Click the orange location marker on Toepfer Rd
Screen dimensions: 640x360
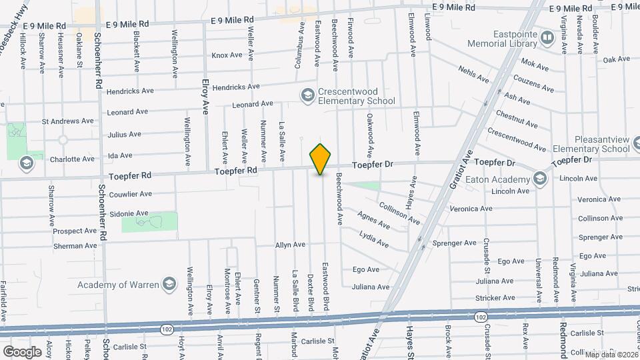coord(321,159)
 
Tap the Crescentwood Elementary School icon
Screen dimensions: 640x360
coord(307,97)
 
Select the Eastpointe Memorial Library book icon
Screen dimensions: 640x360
coord(547,37)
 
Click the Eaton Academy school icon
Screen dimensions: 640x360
coord(539,179)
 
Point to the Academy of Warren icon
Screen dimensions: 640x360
coord(169,285)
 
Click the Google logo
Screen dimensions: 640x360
coord(22,351)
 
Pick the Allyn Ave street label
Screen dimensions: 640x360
coord(290,245)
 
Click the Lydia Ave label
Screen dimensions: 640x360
coord(373,239)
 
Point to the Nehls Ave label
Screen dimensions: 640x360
coord(473,74)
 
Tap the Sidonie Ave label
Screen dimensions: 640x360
coord(133,213)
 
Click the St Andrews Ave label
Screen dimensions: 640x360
coord(67,121)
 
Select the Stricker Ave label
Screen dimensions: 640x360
coord(495,298)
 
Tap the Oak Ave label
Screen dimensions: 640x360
coord(616,59)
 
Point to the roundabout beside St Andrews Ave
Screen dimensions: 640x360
coord(63,140)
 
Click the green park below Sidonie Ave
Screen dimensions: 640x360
coord(150,223)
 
